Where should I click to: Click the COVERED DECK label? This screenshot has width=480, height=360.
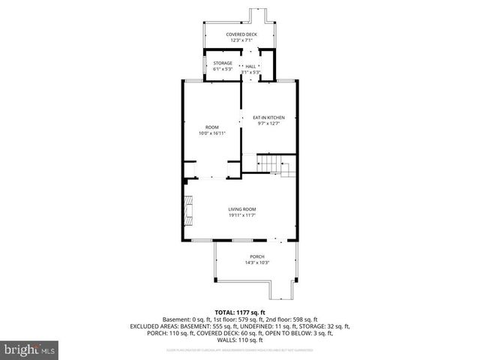click(x=241, y=34)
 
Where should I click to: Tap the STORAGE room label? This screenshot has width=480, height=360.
click(x=223, y=63)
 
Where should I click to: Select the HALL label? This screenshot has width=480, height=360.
click(x=250, y=66)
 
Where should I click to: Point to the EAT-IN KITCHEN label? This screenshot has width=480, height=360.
click(x=268, y=117)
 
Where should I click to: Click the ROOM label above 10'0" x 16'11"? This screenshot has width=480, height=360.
click(x=212, y=127)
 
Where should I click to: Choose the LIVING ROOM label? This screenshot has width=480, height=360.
click(x=242, y=209)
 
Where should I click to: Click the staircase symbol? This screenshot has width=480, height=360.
click(x=269, y=163)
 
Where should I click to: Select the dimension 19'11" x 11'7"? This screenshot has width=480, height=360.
click(x=242, y=216)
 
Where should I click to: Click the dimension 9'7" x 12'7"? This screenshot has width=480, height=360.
click(x=268, y=124)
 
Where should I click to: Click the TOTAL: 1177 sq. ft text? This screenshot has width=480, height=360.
click(x=240, y=312)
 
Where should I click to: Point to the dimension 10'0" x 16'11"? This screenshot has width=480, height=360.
click(x=212, y=133)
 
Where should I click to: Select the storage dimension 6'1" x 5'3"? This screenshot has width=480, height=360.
click(x=223, y=70)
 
